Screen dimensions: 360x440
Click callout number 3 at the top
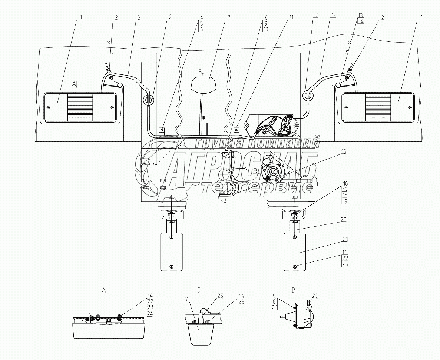coord(139,17)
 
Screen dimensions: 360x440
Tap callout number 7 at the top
coord(229,17)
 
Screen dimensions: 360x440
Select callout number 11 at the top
coord(291,17)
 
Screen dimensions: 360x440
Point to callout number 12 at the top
coord(334,15)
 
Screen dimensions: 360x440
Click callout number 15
coord(345,151)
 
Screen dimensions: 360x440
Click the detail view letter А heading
coord(104,290)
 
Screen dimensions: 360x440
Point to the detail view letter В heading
coord(294,290)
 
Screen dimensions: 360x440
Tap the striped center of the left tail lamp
coord(80,107)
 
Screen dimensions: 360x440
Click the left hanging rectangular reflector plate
coord(171,251)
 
